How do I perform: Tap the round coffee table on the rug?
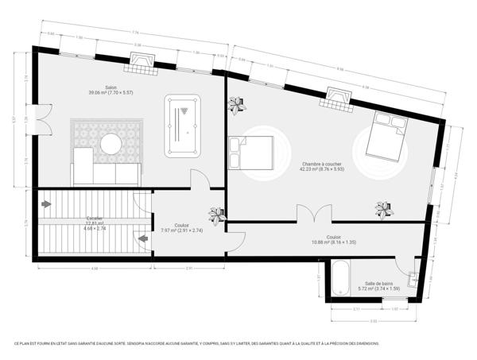click(x=111, y=144)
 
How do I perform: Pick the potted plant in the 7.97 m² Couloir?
click(x=216, y=215)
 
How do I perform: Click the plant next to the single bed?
click(x=236, y=103)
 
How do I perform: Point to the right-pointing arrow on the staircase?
click(x=46, y=204)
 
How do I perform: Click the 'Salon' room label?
click(x=111, y=87)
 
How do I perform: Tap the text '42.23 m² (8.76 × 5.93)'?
click(x=320, y=168)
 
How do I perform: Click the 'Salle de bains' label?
click(x=379, y=284)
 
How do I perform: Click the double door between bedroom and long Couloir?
click(x=313, y=215)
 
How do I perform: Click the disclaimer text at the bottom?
click(x=196, y=343)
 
